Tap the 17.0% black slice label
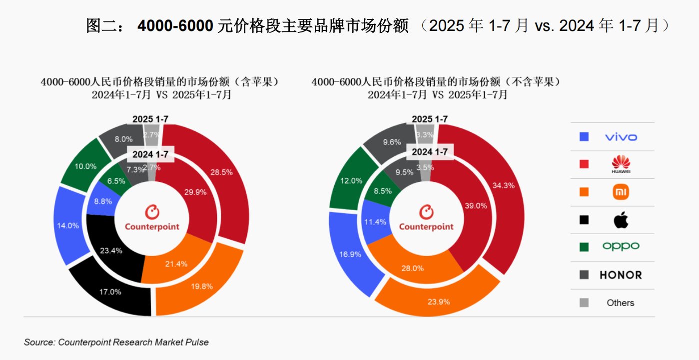(x=111, y=292)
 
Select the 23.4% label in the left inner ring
(x=111, y=251)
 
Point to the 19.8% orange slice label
(x=202, y=286)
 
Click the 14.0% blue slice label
(x=68, y=226)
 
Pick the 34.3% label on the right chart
(x=503, y=185)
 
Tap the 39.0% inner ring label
(x=476, y=206)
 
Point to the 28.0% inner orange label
(x=413, y=268)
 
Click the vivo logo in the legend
(x=621, y=137)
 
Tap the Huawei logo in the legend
(x=621, y=164)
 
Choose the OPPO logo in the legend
(x=621, y=246)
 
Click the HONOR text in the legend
(x=621, y=275)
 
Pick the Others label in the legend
(x=621, y=303)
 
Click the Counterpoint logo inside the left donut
(x=152, y=219)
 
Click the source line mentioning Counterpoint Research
(x=116, y=343)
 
